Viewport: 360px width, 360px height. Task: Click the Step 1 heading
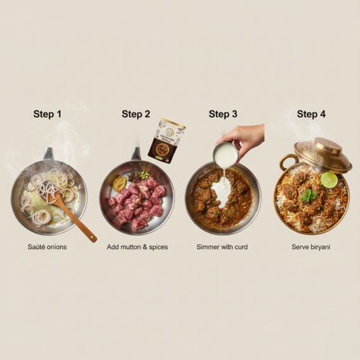click(x=48, y=114)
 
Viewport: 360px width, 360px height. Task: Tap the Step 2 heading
click(x=136, y=114)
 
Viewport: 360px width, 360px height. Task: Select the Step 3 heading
click(x=223, y=114)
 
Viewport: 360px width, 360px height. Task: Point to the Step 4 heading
click(x=311, y=114)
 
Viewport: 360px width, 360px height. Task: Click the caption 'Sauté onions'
click(x=47, y=246)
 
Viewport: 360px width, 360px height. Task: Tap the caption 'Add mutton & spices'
click(x=137, y=246)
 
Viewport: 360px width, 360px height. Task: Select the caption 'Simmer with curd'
click(x=222, y=246)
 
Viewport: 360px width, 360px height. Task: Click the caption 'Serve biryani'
click(x=311, y=246)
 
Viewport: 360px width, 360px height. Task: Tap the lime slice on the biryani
click(x=329, y=180)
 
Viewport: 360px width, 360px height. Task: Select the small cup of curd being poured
click(x=225, y=153)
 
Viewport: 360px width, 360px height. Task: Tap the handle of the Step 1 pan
click(x=48, y=154)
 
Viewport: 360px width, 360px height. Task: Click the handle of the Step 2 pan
click(x=135, y=154)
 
